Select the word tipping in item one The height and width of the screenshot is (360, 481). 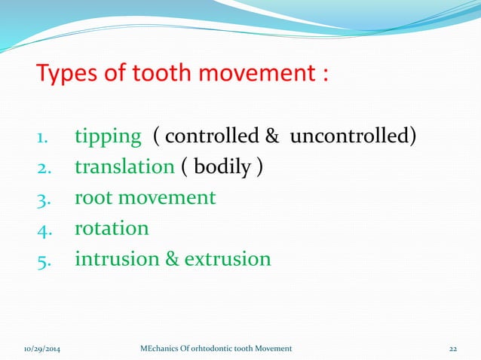click(x=108, y=137)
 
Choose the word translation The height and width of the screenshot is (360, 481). click(x=124, y=167)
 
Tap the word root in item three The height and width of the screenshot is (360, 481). click(x=92, y=197)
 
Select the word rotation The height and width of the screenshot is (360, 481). click(x=112, y=227)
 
